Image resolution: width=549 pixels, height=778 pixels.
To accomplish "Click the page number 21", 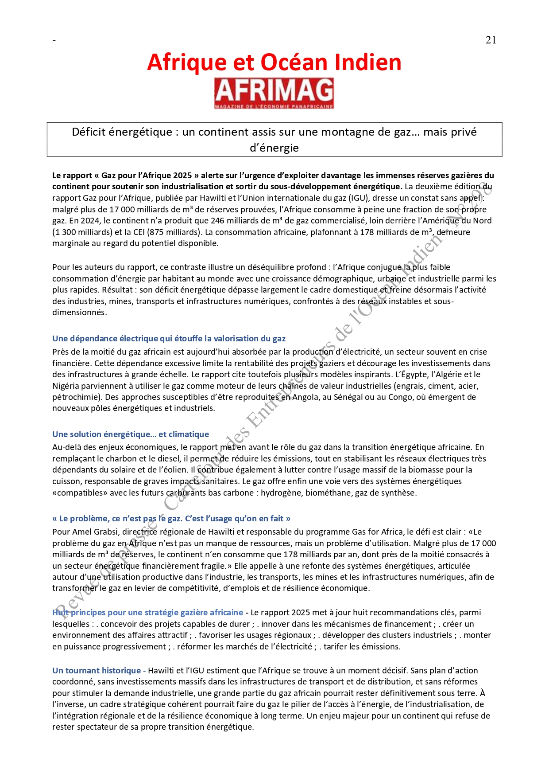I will pyautogui.click(x=491, y=40).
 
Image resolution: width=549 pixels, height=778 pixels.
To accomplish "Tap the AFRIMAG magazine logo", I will pyautogui.click(x=274, y=93).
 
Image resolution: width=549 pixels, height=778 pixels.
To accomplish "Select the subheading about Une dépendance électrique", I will pyautogui.click(x=169, y=339).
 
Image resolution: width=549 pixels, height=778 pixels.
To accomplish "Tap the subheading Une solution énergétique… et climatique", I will pyautogui.click(x=131, y=434).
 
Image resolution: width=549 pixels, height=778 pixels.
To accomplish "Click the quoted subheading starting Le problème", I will pyautogui.click(x=171, y=519).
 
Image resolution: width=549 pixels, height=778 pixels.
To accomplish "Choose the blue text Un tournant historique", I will pyautogui.click(x=96, y=671).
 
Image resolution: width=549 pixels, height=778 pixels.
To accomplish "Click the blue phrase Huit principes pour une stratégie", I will pyautogui.click(x=147, y=613).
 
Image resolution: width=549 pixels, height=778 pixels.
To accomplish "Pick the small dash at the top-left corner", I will pyautogui.click(x=54, y=41).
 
